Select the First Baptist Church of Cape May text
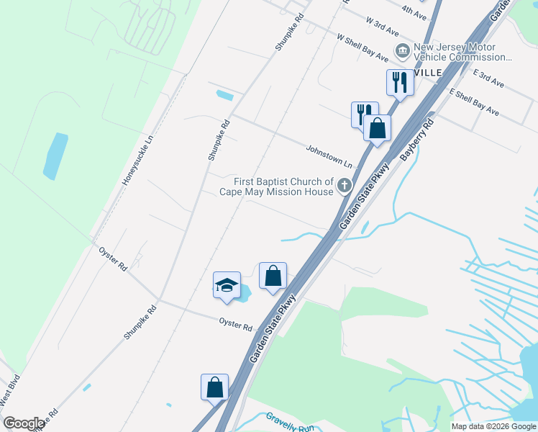pyautogui.click(x=287, y=186)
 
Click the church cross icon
pyautogui.click(x=345, y=187)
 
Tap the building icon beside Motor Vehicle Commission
pyautogui.click(x=402, y=50)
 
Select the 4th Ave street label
pyautogui.click(x=414, y=10)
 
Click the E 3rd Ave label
pyautogui.click(x=489, y=78)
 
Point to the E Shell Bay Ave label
pyautogui.click(x=474, y=102)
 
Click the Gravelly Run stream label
pyautogui.click(x=290, y=421)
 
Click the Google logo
pyautogui.click(x=24, y=423)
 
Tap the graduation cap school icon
pyautogui.click(x=227, y=285)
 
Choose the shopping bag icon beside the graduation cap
pyautogui.click(x=273, y=276)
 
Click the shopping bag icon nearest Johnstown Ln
pyautogui.click(x=377, y=129)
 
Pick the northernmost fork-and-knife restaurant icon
pyautogui.click(x=399, y=82)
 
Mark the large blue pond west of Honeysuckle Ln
pyautogui.click(x=55, y=156)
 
